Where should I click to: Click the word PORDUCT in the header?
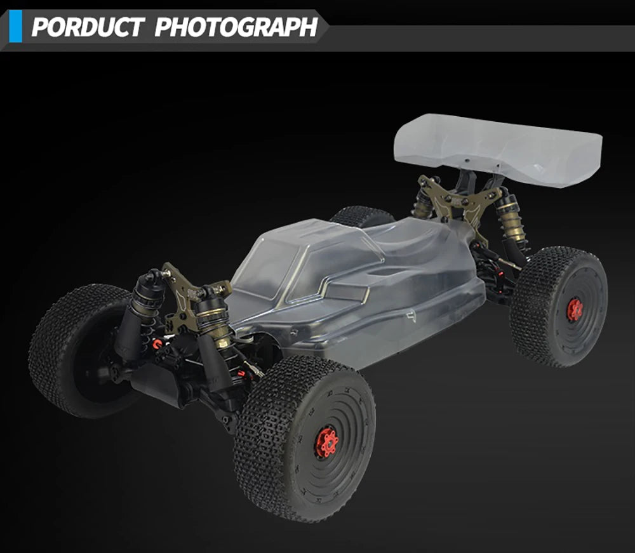tap(88, 27)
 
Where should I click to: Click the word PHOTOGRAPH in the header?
tap(236, 27)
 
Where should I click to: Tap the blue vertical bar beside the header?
tap(15, 26)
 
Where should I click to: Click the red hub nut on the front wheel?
tap(326, 441)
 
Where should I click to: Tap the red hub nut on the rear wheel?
tap(574, 310)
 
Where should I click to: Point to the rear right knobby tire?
tap(559, 307)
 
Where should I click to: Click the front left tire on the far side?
tap(81, 350)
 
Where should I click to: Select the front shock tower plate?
tap(190, 298)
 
